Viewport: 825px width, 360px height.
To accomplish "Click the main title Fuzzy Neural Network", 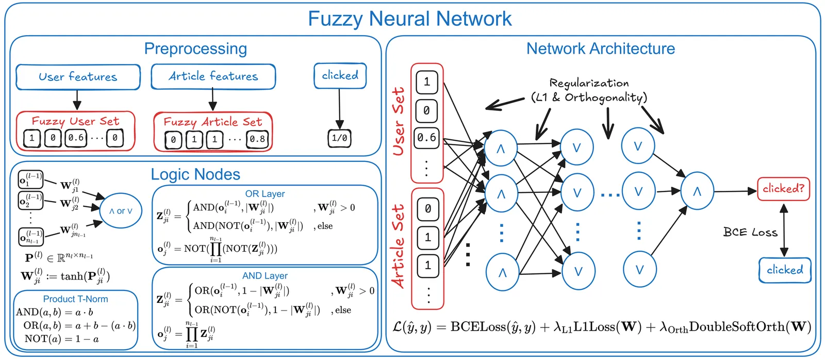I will (x=409, y=19).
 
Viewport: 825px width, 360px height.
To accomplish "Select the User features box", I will (x=78, y=77).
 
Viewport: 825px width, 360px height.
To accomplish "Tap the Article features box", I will (x=213, y=76).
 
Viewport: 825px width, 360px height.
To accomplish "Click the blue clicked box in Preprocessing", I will (x=340, y=75).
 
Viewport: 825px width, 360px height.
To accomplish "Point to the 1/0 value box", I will (x=339, y=138).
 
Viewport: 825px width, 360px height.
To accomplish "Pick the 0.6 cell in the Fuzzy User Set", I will (x=76, y=138).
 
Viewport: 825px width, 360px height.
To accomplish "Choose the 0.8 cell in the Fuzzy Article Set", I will (x=257, y=139).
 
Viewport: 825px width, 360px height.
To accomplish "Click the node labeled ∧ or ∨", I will (x=121, y=211).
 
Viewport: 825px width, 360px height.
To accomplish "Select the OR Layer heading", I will (x=265, y=194).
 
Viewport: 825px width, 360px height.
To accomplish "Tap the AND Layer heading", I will (x=265, y=276).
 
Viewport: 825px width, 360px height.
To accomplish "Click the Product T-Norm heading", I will (x=75, y=299).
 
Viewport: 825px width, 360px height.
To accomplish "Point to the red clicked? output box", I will (x=783, y=189).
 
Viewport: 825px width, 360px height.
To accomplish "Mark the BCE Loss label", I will (x=750, y=232).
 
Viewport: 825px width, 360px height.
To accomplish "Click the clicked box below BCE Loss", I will (x=785, y=270).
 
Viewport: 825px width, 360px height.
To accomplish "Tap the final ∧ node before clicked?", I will (x=697, y=191).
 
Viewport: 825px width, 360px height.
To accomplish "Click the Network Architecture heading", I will (x=600, y=48).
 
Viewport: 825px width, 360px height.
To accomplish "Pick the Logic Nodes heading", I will (x=195, y=174).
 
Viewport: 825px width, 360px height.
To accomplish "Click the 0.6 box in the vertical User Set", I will (x=426, y=138).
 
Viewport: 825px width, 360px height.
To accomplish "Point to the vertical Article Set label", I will (x=398, y=247).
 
